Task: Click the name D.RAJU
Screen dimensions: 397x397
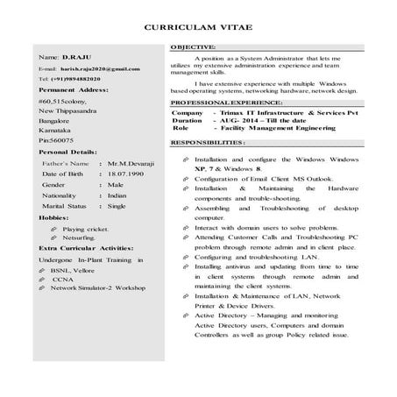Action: [x=64, y=56]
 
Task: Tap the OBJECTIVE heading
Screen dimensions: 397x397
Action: [x=193, y=45]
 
